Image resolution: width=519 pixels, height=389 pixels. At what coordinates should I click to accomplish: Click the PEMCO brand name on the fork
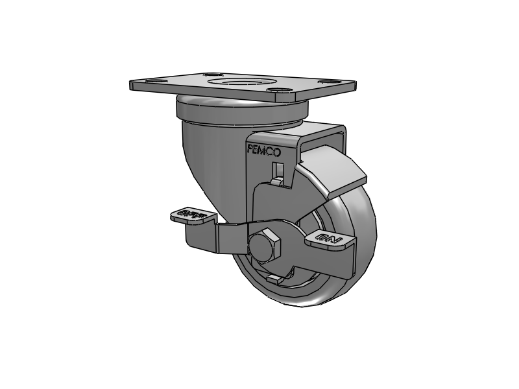pyautogui.click(x=264, y=152)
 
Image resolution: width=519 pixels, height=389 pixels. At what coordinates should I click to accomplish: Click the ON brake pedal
pyautogui.click(x=329, y=240)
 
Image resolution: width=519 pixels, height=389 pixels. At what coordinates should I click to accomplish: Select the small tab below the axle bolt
pyautogui.click(x=276, y=279)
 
